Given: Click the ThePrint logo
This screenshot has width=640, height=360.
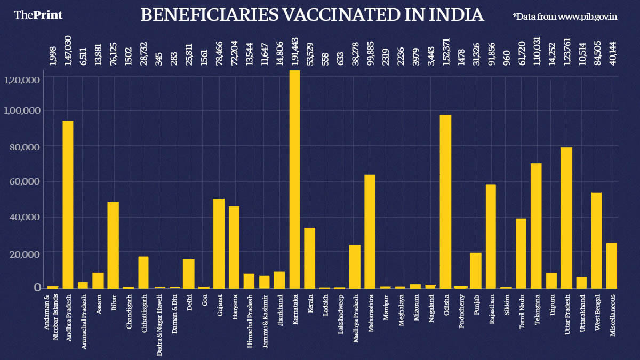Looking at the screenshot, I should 38,15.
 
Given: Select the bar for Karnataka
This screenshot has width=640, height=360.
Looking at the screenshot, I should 294,179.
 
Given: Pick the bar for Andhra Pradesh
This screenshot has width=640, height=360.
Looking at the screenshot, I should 68,204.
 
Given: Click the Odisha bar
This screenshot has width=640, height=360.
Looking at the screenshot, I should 445,202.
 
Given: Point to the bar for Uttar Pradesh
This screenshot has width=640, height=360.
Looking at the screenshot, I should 566,218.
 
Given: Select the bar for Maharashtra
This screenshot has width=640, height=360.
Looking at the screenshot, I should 370,231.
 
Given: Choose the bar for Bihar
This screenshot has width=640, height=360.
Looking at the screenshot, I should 113,245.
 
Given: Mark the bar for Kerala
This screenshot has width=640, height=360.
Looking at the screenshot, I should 309,258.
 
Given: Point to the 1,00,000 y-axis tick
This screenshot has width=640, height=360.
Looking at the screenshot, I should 22,110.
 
